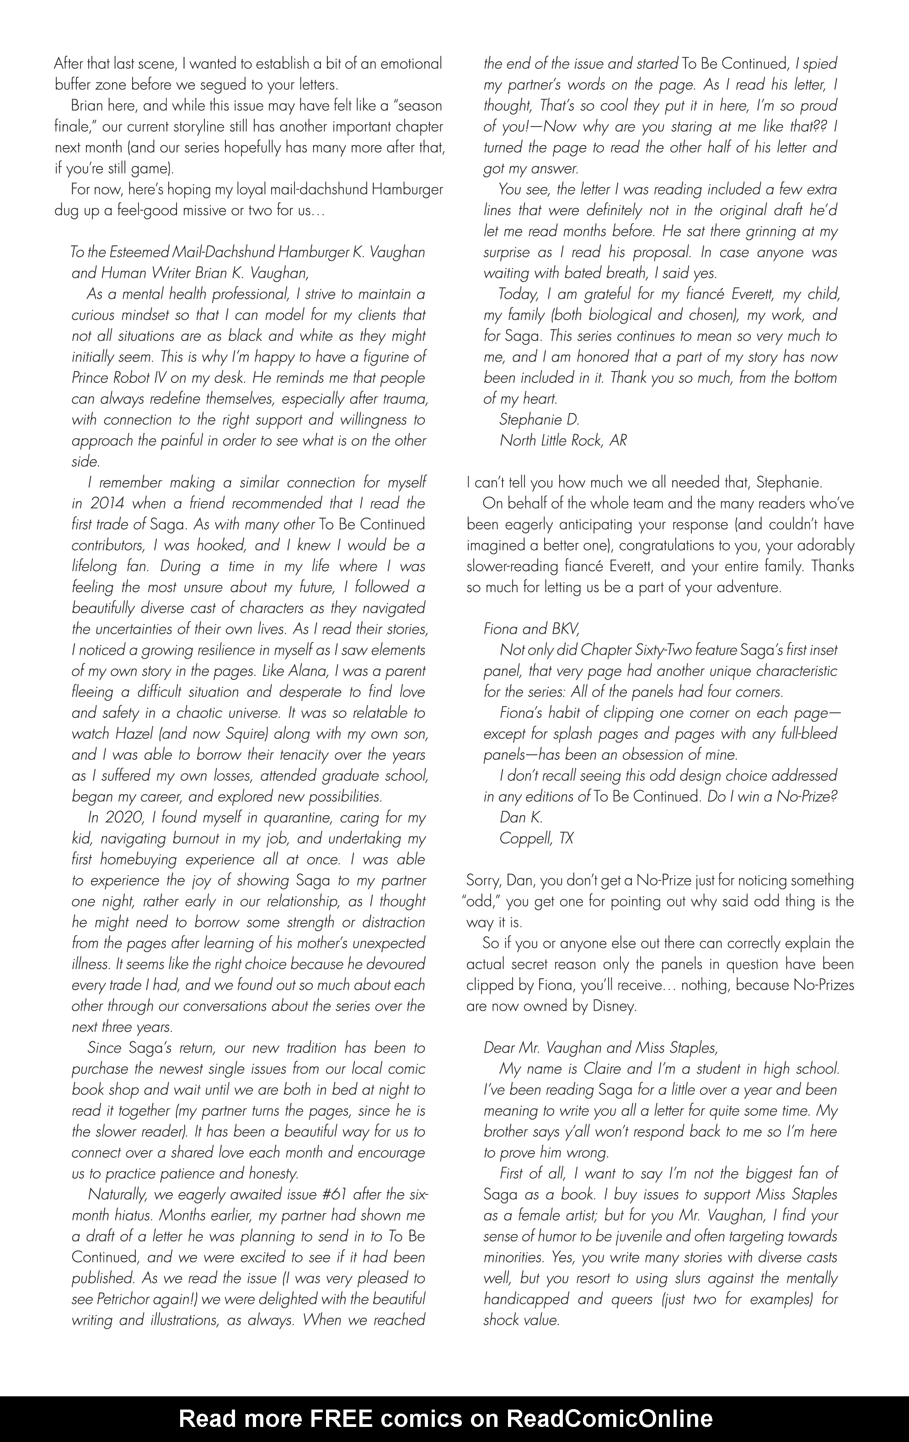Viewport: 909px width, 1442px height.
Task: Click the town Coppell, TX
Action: [x=536, y=838]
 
